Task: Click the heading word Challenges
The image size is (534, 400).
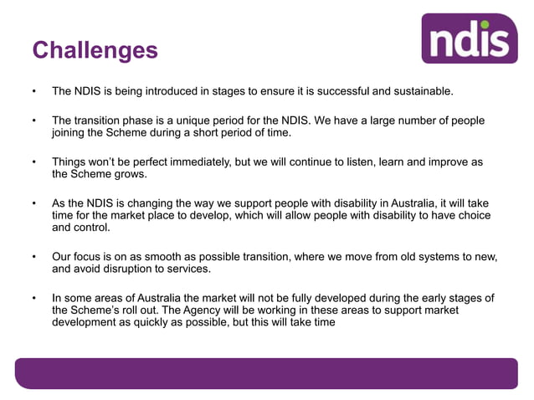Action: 95,50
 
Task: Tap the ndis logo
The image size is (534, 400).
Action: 470,38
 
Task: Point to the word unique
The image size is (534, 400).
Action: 208,121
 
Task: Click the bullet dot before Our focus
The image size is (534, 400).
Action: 33,258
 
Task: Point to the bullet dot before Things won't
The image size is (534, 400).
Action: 33,162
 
